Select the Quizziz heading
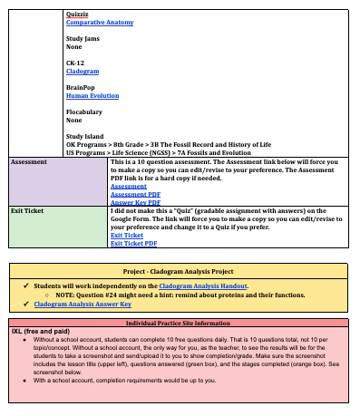79,14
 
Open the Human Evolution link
92,95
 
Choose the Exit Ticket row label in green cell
29,210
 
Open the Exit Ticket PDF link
133,243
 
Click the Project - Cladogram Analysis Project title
180,271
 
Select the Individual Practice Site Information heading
180,323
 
